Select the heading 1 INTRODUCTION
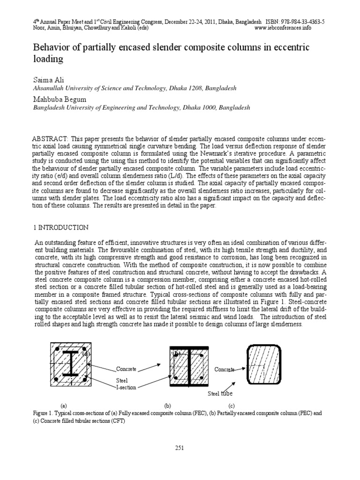[x=60, y=227]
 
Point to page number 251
[x=180, y=448]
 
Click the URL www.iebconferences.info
[x=289, y=28]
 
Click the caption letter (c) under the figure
[x=231, y=405]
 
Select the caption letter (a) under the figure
[x=63, y=405]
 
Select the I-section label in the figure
[x=125, y=387]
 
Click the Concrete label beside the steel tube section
[x=224, y=369]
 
